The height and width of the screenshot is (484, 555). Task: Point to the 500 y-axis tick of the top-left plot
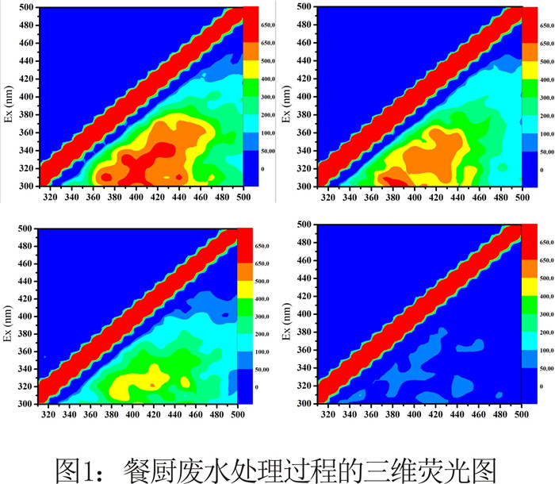click(x=27, y=8)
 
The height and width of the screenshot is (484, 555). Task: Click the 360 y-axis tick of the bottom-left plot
click(x=27, y=351)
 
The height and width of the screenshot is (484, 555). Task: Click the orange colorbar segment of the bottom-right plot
click(x=530, y=261)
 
